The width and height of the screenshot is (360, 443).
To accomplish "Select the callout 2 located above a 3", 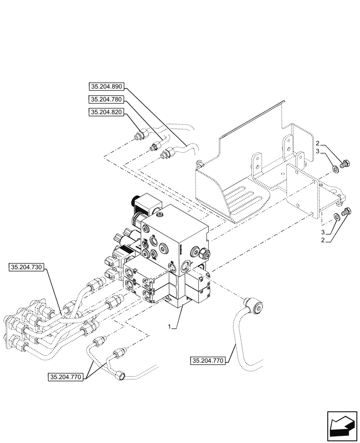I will (x=318, y=143).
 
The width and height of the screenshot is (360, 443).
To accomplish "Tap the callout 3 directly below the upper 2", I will (x=318, y=152).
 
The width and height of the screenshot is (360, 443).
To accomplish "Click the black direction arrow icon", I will (x=341, y=427).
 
